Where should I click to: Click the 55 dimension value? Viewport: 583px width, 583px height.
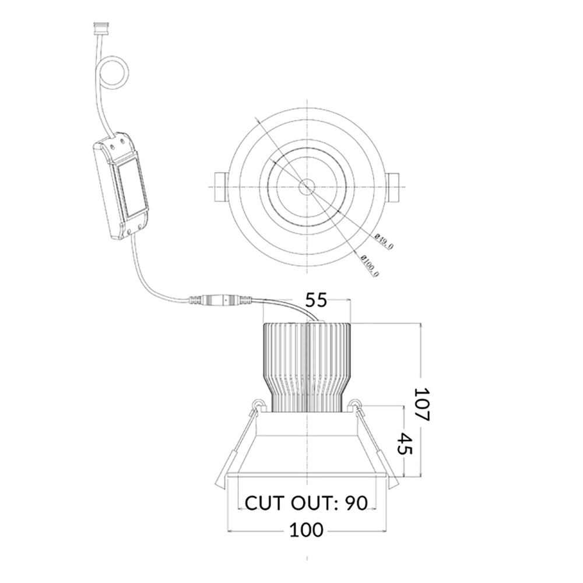pyautogui.click(x=316, y=300)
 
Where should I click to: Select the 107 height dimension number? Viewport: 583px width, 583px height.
pyautogui.click(x=422, y=404)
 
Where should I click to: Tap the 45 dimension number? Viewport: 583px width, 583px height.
pyautogui.click(x=405, y=443)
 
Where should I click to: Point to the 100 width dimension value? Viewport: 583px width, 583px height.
pyautogui.click(x=307, y=530)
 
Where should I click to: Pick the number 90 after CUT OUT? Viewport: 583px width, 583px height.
pyautogui.click(x=356, y=503)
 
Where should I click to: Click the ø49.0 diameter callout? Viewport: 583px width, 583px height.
pyautogui.click(x=384, y=242)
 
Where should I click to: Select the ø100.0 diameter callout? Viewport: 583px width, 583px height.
pyautogui.click(x=370, y=265)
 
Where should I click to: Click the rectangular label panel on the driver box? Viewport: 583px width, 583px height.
pyautogui.click(x=131, y=187)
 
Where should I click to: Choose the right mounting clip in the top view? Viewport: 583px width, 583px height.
pyautogui.click(x=392, y=187)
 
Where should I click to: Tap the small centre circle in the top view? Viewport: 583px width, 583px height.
pyautogui.click(x=307, y=186)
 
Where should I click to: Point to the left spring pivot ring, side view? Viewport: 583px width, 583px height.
pyautogui.click(x=258, y=404)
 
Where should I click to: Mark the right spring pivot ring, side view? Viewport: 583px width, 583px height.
pyautogui.click(x=356, y=404)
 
